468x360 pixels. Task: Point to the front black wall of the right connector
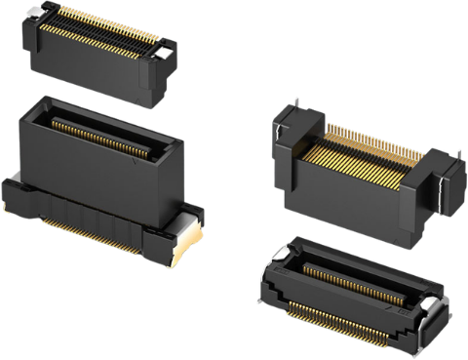point(351,195)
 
